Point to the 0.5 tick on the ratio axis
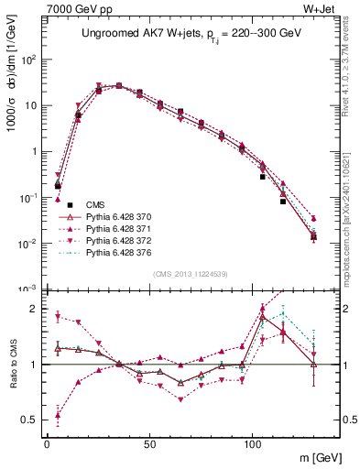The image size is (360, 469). tap(31, 420)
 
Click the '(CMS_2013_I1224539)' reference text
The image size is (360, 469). tap(191, 273)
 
